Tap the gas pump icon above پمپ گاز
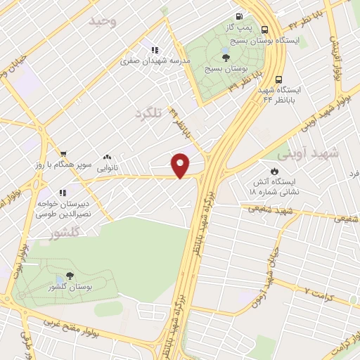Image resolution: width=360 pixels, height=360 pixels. [240, 15]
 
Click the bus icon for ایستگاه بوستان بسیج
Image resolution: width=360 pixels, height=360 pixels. [265, 30]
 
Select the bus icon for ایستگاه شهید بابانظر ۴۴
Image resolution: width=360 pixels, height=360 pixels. [279, 79]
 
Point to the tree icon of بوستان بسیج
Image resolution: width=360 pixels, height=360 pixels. [224, 58]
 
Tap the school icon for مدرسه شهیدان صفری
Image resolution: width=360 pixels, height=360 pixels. [154, 50]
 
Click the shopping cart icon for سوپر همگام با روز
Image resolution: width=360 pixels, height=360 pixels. [63, 153]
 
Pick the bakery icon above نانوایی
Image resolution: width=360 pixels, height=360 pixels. [107, 157]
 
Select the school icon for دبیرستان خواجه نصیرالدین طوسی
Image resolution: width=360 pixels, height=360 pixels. [63, 193]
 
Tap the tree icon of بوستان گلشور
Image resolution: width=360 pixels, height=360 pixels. [69, 276]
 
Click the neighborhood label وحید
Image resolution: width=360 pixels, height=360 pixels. [103, 21]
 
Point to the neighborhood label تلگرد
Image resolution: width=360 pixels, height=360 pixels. [148, 112]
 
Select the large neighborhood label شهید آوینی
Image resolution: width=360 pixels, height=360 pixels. [308, 153]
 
